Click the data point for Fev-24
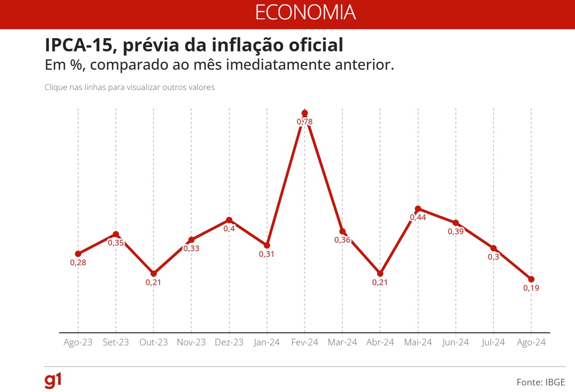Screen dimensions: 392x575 [305, 113]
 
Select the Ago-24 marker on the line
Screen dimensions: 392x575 [531, 279]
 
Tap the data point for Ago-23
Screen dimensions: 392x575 [78, 254]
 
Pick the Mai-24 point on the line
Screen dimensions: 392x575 [418, 209]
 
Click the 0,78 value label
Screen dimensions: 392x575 [305, 122]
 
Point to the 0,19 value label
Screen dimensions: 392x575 [531, 288]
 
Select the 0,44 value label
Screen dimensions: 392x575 [418, 218]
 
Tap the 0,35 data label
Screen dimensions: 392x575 [116, 243]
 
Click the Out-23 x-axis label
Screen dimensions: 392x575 [154, 343]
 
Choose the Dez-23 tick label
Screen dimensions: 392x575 [229, 343]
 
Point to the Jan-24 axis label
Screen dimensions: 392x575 [267, 343]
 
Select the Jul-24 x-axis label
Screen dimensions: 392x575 [494, 343]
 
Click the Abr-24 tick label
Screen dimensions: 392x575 [380, 343]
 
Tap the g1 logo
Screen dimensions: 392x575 [53, 381]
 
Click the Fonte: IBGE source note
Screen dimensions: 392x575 [541, 382]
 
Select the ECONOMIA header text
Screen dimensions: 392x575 [305, 13]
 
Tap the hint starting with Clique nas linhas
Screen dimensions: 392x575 [130, 88]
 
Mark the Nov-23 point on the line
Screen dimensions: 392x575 [191, 240]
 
